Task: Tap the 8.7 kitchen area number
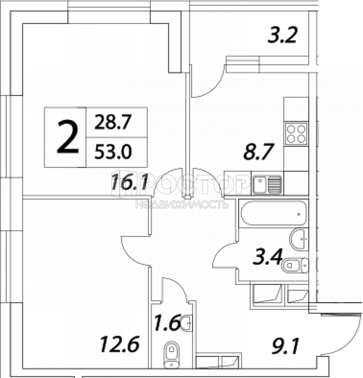[259, 152]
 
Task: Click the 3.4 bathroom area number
[267, 257]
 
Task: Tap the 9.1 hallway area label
[285, 346]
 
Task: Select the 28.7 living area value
[113, 122]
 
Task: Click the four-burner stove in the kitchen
[296, 133]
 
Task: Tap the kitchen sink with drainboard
[267, 185]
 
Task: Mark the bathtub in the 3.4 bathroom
[274, 213]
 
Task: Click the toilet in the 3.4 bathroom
[295, 266]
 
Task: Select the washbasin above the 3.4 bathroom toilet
[299, 239]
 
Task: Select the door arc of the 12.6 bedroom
[132, 255]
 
